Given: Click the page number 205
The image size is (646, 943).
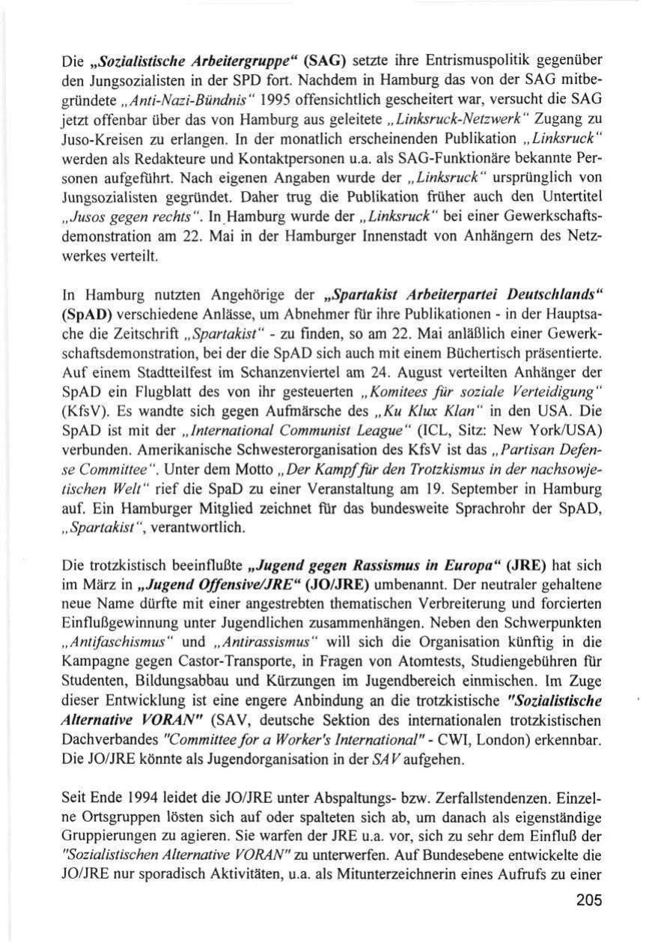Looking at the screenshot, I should click(589, 901).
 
